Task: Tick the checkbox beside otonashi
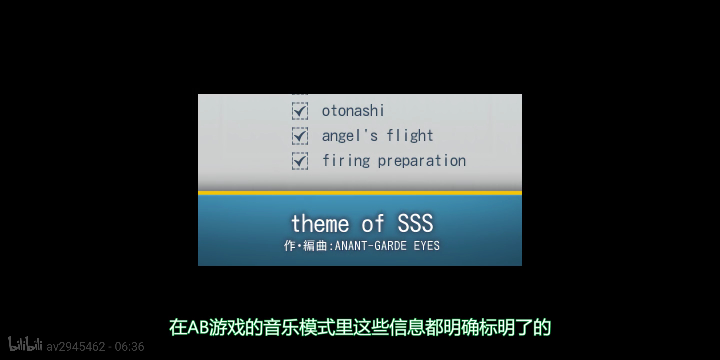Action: [x=300, y=111]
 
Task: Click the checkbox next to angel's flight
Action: [x=300, y=136]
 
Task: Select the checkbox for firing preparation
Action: [x=300, y=161]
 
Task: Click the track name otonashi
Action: [x=353, y=111]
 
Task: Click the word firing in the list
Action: [x=346, y=161]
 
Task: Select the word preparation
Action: [x=422, y=161]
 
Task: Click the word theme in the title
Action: [x=320, y=223]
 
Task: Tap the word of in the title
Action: [x=373, y=223]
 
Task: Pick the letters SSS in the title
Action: [x=415, y=223]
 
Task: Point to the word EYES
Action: [x=427, y=246]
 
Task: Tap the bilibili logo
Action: [x=25, y=344]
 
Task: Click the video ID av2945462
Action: [x=76, y=347]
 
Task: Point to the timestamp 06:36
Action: [x=129, y=347]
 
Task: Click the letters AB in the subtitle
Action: [x=198, y=328]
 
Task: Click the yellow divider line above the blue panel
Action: [x=360, y=193]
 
